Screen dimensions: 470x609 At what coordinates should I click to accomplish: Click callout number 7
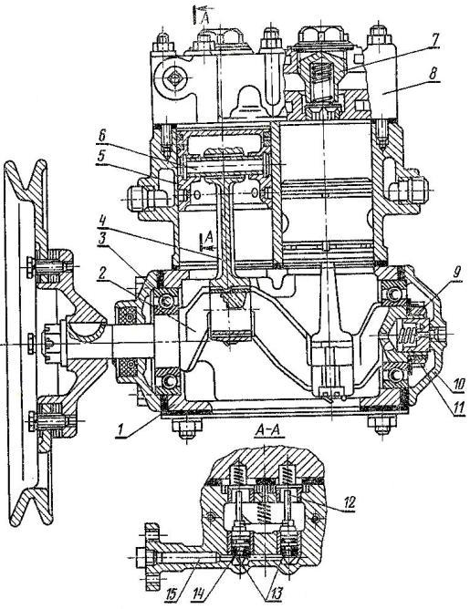coord(434,39)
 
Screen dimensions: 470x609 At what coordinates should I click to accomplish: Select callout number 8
coord(433,73)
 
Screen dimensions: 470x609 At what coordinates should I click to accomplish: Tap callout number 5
coord(101,156)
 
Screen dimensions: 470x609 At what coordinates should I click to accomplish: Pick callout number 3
coord(102,239)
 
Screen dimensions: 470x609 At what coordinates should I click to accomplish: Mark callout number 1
coord(121,431)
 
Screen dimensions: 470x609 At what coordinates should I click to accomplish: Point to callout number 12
coord(349,502)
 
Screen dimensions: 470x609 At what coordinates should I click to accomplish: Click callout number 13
coord(275,594)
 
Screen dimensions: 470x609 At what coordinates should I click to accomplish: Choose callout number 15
coord(172,594)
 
